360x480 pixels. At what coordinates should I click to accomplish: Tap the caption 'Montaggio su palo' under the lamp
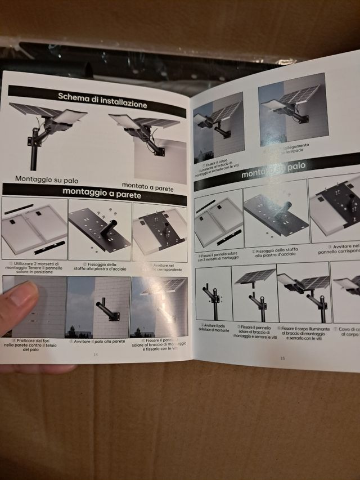(47, 180)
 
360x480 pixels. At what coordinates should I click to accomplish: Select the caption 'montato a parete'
(148, 187)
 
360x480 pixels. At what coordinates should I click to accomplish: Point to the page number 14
(95, 355)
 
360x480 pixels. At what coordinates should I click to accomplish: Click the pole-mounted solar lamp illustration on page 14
(48, 133)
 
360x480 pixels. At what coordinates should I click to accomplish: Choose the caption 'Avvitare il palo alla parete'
(97, 342)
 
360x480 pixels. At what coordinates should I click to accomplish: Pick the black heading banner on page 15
(276, 169)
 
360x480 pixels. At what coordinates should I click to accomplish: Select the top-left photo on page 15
(218, 126)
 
